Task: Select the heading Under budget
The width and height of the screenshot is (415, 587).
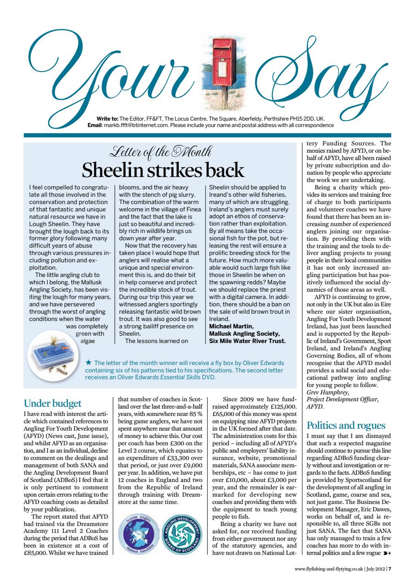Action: (52, 403)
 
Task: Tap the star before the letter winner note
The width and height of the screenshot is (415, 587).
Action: (89, 363)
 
